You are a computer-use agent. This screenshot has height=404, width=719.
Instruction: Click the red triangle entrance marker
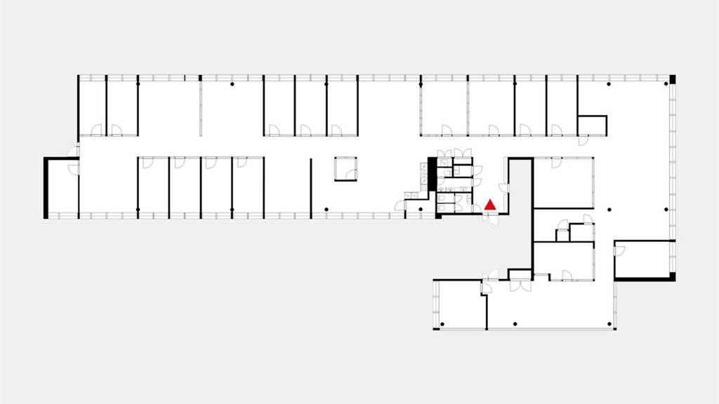[x=490, y=205]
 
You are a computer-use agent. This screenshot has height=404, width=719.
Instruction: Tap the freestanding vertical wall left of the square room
[x=311, y=185]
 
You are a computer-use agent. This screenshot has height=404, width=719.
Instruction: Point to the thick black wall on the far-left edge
[x=46, y=187]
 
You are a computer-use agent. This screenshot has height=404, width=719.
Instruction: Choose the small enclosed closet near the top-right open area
[x=592, y=125]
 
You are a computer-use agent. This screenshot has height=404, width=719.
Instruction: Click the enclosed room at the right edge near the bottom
[x=645, y=260]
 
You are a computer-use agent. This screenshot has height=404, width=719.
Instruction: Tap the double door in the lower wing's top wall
[x=520, y=285]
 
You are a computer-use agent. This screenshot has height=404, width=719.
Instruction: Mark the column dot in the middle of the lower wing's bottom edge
[x=515, y=323]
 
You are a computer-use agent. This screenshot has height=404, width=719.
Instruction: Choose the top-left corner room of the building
[x=91, y=105]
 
